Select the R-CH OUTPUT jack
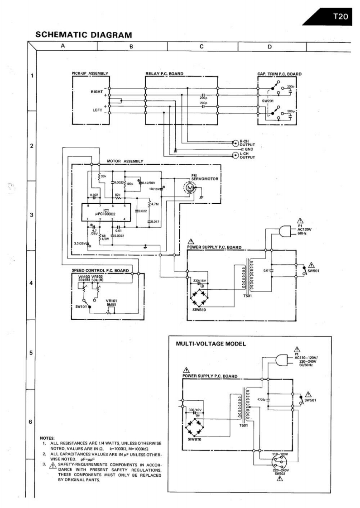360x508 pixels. tap(235, 143)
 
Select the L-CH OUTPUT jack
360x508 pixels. tap(235, 156)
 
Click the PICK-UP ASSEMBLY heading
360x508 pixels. tap(90, 73)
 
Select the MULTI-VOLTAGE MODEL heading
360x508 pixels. tap(211, 344)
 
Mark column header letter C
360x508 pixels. tap(202, 46)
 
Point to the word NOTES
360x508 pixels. tap(48, 438)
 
